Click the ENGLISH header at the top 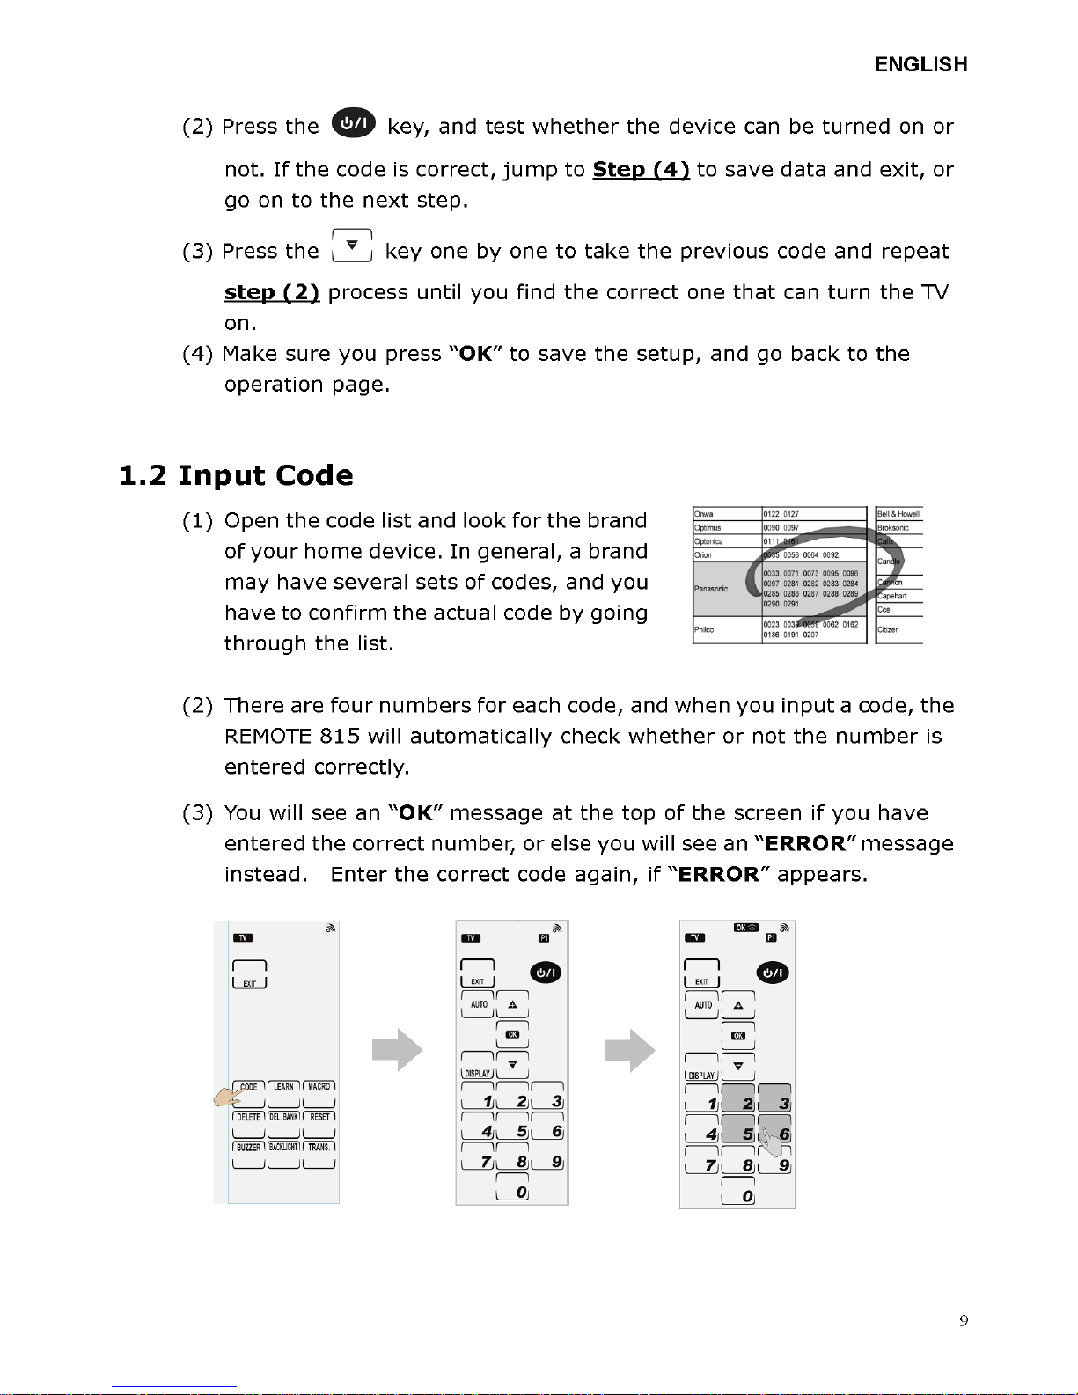pyautogui.click(x=920, y=64)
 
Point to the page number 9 pyautogui.click(x=964, y=1320)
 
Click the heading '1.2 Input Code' pyautogui.click(x=236, y=475)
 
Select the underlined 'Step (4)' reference pyautogui.click(x=641, y=169)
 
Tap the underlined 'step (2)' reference pyautogui.click(x=271, y=292)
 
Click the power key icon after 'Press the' pyautogui.click(x=353, y=124)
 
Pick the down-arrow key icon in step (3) pyautogui.click(x=352, y=246)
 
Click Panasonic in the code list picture pyautogui.click(x=711, y=588)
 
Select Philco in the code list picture pyautogui.click(x=704, y=629)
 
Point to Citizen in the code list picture pyautogui.click(x=888, y=629)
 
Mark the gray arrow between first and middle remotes pyautogui.click(x=397, y=1049)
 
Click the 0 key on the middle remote pyautogui.click(x=512, y=1188)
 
